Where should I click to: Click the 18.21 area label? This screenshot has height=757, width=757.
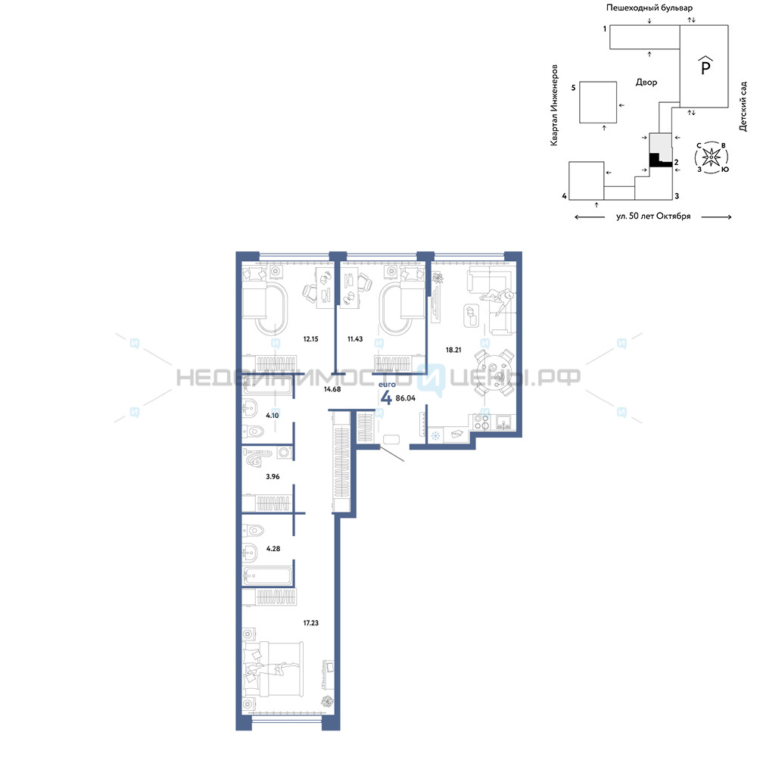click(453, 350)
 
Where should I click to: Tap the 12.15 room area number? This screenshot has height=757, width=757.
click(310, 339)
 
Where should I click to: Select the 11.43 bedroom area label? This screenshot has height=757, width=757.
click(355, 339)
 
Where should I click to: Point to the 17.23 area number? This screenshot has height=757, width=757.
click(310, 623)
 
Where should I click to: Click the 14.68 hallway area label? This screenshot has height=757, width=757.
click(332, 389)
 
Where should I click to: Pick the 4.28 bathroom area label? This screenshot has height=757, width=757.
click(273, 548)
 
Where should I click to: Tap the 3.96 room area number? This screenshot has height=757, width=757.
click(273, 476)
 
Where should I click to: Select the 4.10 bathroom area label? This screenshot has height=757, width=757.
click(273, 415)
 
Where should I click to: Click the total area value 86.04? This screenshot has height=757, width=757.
click(406, 398)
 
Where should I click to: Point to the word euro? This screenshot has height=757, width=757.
click(387, 385)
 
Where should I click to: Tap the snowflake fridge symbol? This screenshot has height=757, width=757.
click(435, 437)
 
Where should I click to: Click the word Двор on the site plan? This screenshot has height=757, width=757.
click(646, 83)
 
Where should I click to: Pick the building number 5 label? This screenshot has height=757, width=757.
click(574, 88)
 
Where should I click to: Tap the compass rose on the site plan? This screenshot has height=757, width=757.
click(712, 157)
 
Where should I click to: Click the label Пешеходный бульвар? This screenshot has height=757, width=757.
click(650, 8)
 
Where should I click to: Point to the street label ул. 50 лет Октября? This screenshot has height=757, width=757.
click(653, 217)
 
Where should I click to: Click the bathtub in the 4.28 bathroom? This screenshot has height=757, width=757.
click(268, 575)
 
